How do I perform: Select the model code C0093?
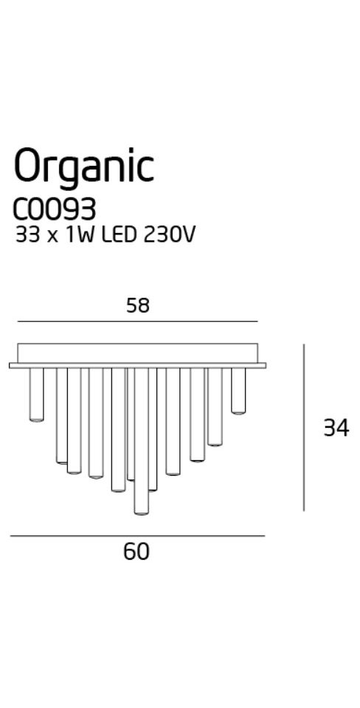(55, 209)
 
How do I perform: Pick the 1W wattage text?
(80, 235)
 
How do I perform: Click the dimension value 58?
(138, 306)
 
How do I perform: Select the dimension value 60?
(136, 552)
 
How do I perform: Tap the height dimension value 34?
(336, 428)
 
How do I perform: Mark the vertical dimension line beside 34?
(304, 427)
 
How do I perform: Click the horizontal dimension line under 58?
(138, 322)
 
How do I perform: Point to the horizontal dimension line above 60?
(137, 536)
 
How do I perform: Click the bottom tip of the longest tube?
(142, 514)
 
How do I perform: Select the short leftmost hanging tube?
(37, 395)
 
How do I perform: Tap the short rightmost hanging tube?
(238, 391)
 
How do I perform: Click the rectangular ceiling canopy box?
(138, 353)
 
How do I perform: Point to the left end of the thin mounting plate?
(10, 365)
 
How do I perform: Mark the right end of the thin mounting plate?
(266, 365)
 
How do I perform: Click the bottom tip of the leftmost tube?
(37, 421)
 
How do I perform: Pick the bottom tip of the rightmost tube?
(238, 413)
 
